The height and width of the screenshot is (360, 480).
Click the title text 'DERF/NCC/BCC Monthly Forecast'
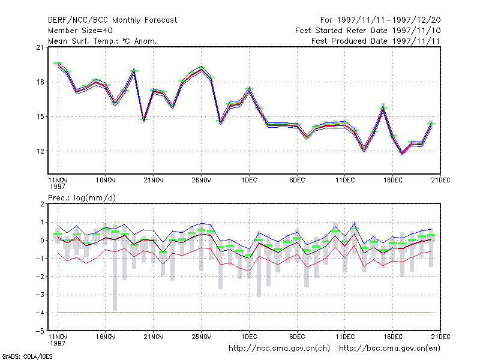(112, 20)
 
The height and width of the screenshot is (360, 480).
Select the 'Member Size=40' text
(80, 31)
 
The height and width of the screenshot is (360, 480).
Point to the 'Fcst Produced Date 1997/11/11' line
(376, 41)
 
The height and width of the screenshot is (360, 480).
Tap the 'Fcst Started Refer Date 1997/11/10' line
(368, 31)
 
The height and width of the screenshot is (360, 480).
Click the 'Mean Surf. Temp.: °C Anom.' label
(103, 41)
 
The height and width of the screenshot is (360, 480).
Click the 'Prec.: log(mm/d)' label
(82, 198)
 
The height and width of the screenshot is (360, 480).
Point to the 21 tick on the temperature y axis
(40, 47)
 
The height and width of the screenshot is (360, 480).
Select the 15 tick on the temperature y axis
(40, 116)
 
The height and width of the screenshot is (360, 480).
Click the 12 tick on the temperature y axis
(40, 151)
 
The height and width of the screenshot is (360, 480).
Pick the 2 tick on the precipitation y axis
(42, 204)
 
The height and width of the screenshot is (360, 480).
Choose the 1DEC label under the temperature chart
(249, 181)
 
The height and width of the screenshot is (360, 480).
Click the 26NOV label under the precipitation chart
(202, 337)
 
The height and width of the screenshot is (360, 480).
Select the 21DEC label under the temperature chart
(440, 181)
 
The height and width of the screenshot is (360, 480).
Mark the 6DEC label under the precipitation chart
(297, 337)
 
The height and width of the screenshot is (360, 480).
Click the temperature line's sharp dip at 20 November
(144, 120)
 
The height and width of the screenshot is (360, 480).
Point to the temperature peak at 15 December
(383, 107)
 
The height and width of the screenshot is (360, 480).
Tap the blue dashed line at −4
(245, 313)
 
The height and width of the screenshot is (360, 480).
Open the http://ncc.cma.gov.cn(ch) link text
(279, 349)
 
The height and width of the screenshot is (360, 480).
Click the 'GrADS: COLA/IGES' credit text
(27, 356)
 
